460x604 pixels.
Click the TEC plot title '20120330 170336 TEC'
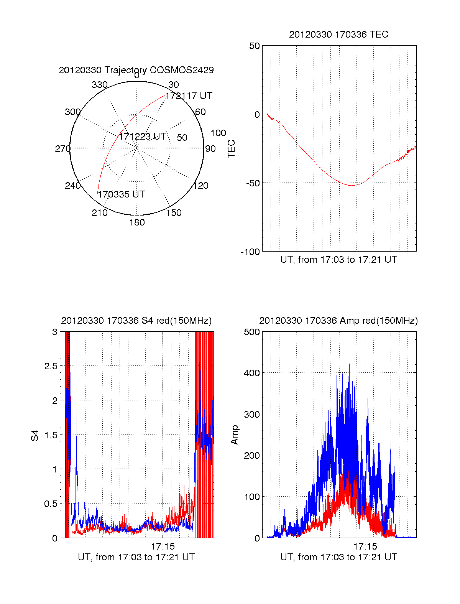pos(338,35)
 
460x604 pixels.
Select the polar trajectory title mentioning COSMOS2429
pos(136,70)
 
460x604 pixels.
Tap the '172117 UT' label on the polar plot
pos(189,96)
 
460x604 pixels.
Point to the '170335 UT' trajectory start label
pos(121,194)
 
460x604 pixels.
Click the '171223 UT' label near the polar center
pos(142,137)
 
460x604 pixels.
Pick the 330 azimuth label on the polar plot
pos(100,85)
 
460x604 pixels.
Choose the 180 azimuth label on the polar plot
pos(137,222)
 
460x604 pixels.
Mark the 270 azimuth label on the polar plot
pos(62,149)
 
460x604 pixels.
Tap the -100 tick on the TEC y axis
pos(250,252)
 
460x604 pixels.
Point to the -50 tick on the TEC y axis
pos(253,183)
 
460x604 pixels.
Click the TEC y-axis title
pos(232,149)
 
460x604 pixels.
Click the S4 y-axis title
pos(35,435)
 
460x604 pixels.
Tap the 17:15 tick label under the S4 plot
pos(163,546)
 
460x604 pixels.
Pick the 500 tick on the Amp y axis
pos(252,332)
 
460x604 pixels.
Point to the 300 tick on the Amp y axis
pos(252,415)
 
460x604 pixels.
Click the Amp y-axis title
pos(235,435)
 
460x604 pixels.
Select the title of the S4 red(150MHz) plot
pos(136,321)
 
